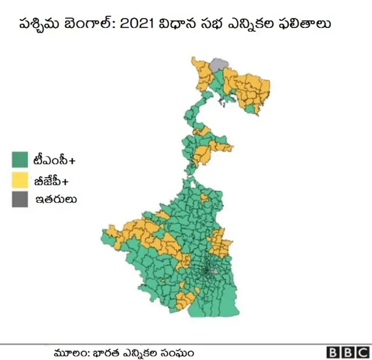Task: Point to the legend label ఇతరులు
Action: (x=56, y=199)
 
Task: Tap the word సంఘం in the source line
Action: (x=178, y=352)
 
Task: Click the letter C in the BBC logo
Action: (x=362, y=352)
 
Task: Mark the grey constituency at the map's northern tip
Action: (x=219, y=64)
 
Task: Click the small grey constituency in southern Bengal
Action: (x=216, y=271)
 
